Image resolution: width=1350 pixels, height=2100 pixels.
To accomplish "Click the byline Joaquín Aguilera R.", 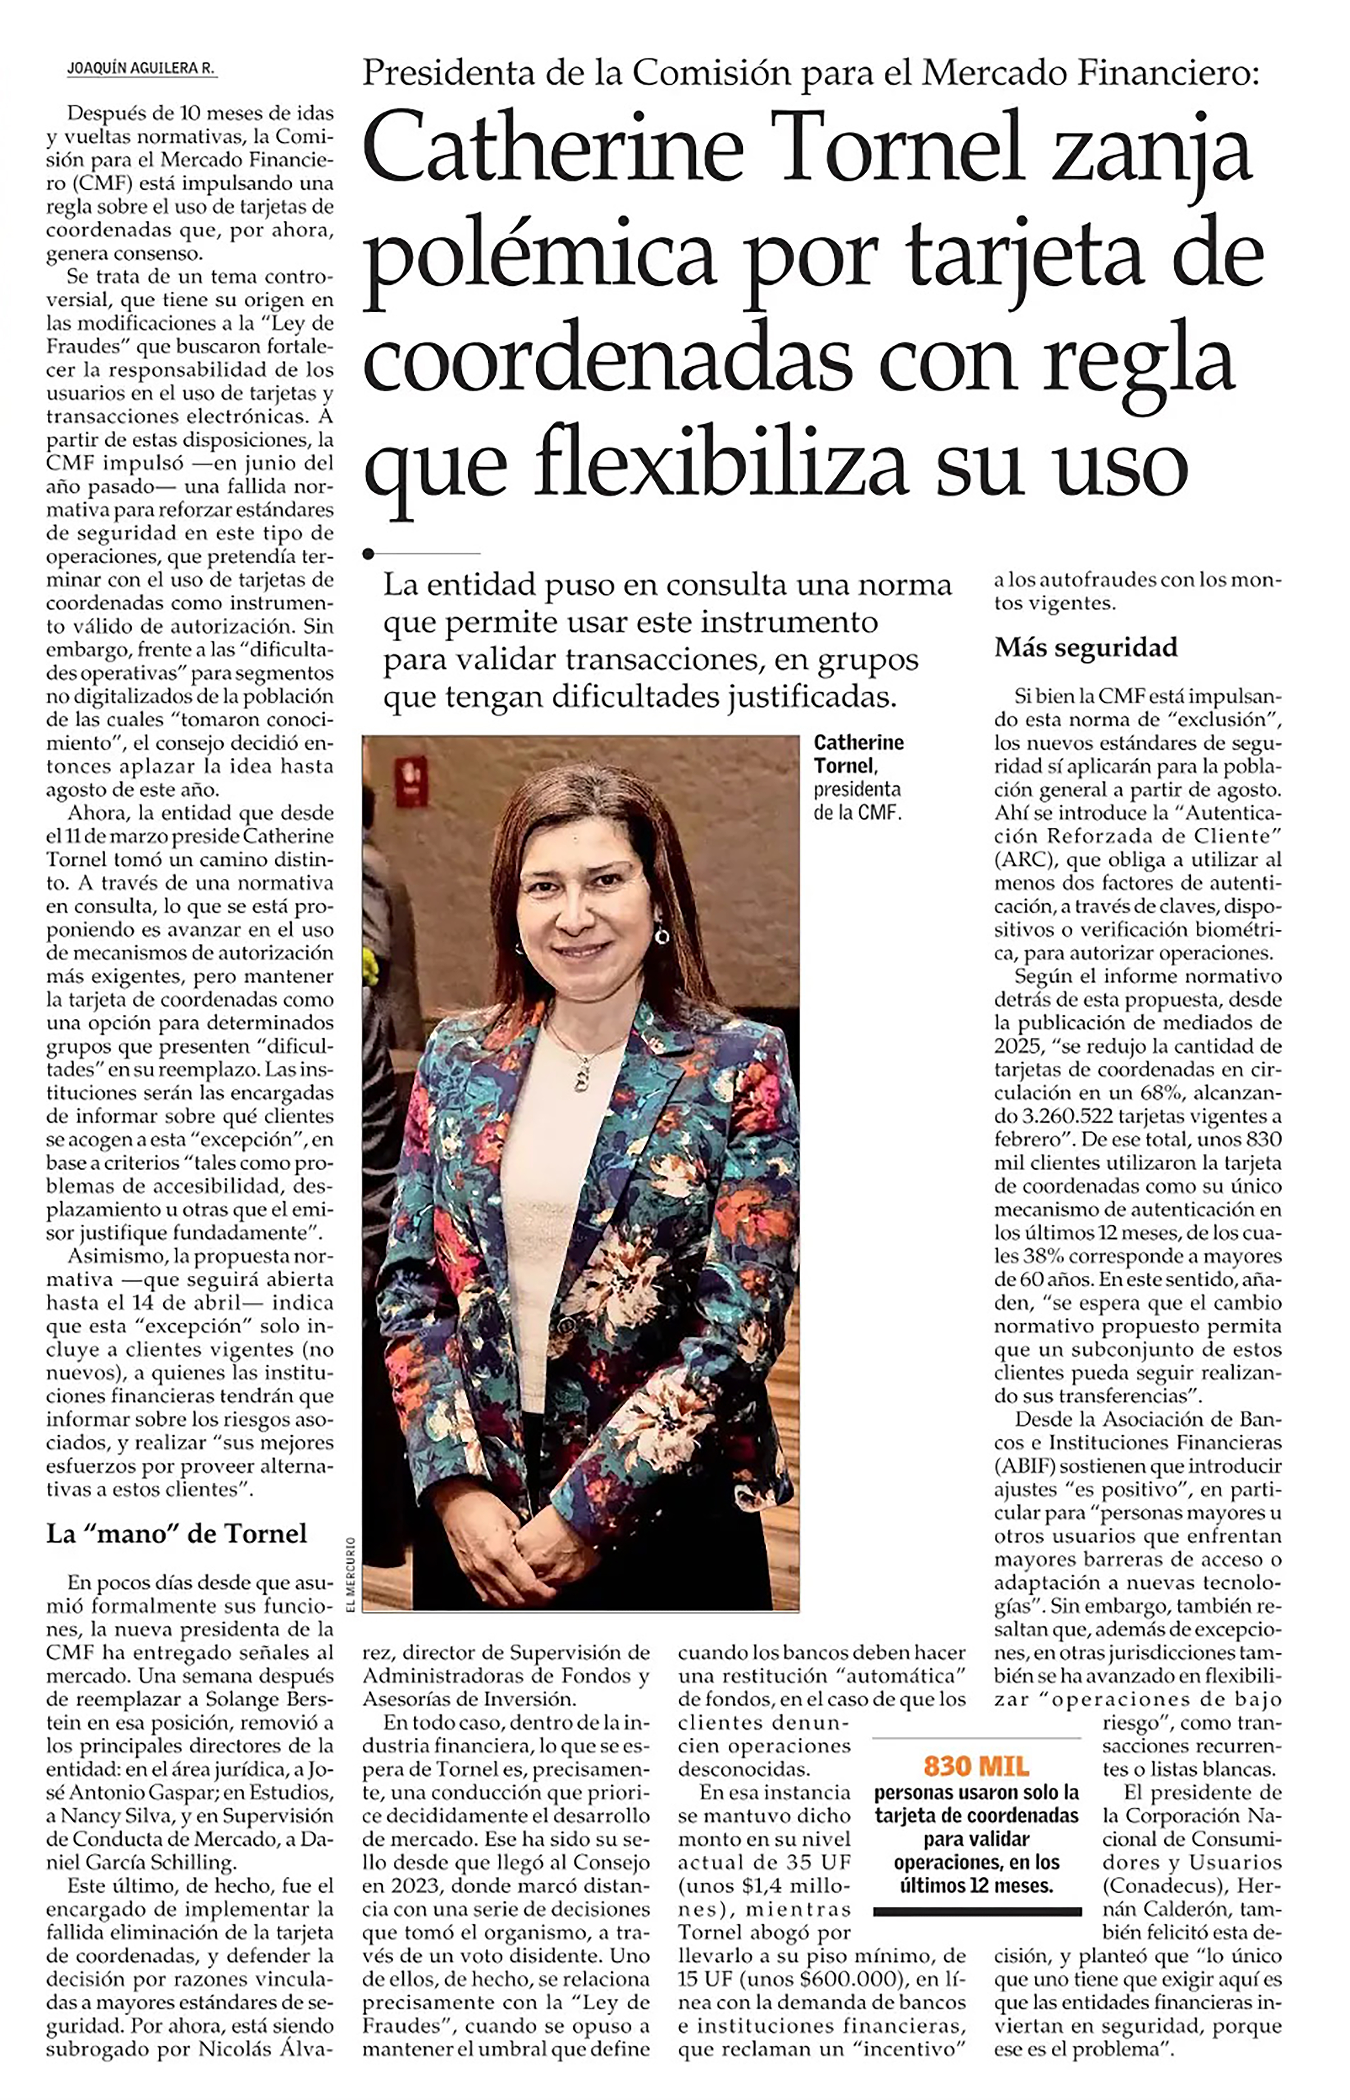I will tap(141, 68).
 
